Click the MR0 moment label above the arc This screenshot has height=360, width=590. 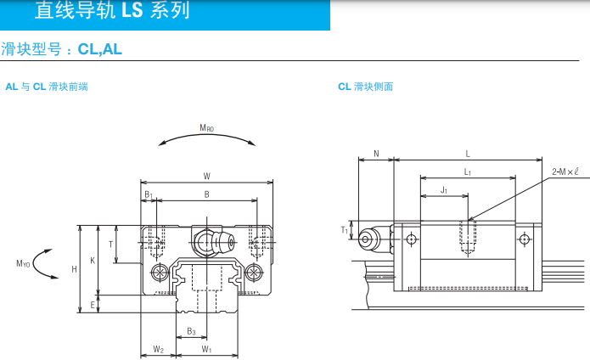click(206, 128)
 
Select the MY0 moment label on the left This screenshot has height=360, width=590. click(23, 264)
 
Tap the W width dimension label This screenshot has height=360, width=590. click(207, 176)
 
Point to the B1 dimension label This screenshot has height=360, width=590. click(149, 194)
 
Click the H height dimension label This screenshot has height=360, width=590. click(74, 269)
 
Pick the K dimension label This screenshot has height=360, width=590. click(93, 261)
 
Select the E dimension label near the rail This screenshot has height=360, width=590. click(93, 305)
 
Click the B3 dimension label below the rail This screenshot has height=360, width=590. click(191, 331)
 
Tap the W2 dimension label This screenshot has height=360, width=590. click(159, 350)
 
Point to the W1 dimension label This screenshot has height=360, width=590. click(206, 350)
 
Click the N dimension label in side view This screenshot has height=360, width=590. click(376, 154)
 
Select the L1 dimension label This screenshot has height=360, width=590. click(468, 172)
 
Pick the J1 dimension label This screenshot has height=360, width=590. click(444, 190)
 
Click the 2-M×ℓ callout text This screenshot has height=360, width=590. click(565, 172)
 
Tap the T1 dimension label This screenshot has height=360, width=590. click(345, 230)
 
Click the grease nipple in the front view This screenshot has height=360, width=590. click(213, 241)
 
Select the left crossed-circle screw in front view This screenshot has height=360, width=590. click(160, 272)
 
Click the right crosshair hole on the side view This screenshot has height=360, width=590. click(524, 239)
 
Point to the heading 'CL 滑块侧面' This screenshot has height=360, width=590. click(365, 87)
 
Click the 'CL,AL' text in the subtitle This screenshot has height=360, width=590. click(99, 49)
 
